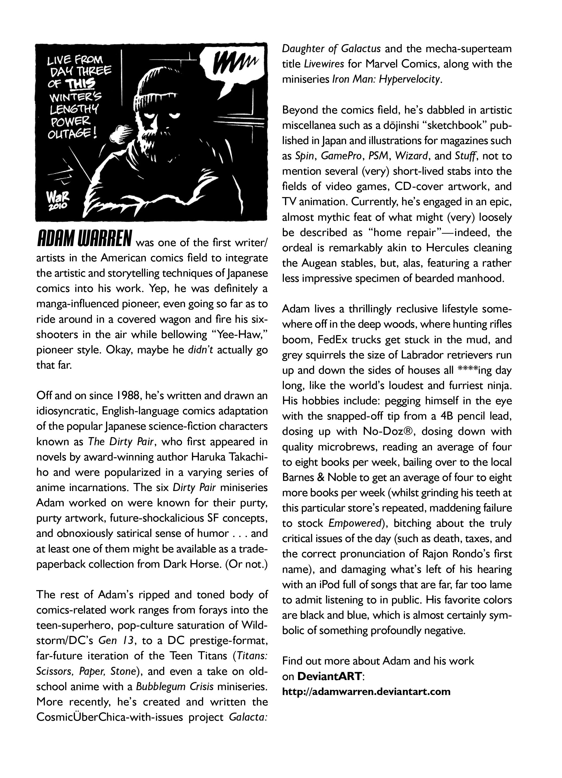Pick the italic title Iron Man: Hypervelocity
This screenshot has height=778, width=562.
coord(386,79)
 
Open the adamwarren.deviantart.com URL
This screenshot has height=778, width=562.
coord(366,691)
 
